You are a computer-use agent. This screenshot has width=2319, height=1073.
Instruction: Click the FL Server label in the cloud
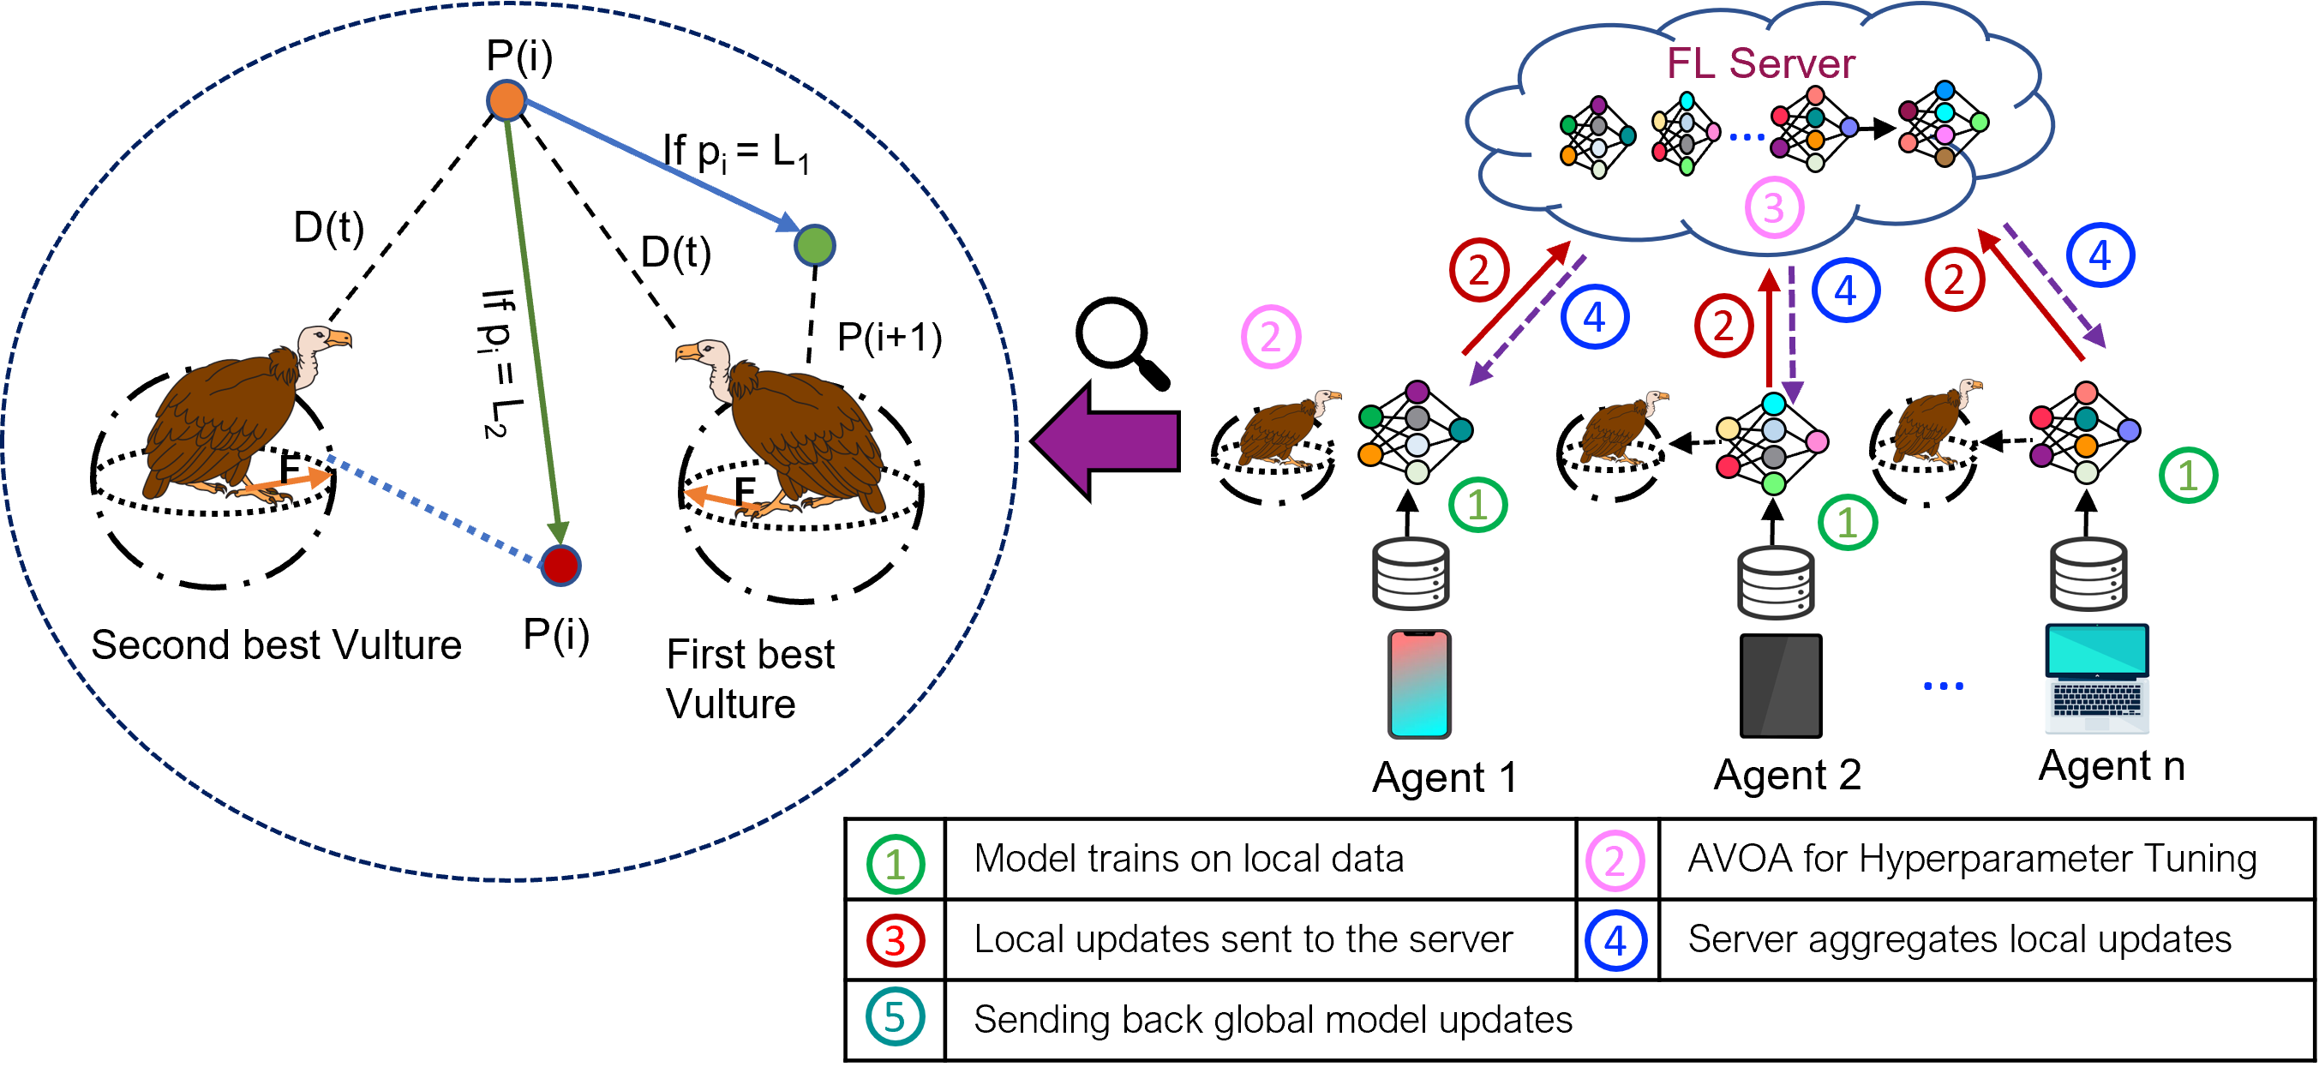pyautogui.click(x=1760, y=64)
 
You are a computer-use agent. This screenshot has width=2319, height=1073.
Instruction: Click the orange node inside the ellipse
pyautogui.click(x=506, y=100)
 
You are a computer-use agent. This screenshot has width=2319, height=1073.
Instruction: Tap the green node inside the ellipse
pyautogui.click(x=815, y=246)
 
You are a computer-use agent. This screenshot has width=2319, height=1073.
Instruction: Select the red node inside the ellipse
pyautogui.click(x=560, y=566)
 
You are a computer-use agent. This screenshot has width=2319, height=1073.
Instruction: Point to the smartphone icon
pyautogui.click(x=1419, y=684)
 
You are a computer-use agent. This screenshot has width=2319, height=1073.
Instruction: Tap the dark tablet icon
pyautogui.click(x=1780, y=684)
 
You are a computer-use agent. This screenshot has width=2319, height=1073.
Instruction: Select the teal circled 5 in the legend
pyautogui.click(x=895, y=1017)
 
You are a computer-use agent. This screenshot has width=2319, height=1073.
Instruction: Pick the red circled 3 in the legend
pyautogui.click(x=895, y=941)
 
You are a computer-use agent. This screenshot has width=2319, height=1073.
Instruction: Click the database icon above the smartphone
pyautogui.click(x=1410, y=574)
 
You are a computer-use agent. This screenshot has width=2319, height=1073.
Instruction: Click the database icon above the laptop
pyautogui.click(x=2088, y=574)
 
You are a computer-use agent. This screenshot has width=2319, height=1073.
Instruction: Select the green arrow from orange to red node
pyautogui.click(x=534, y=324)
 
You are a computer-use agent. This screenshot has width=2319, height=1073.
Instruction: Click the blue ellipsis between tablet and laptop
pyautogui.click(x=1943, y=686)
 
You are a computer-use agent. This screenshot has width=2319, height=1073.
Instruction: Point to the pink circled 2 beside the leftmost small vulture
pyautogui.click(x=1270, y=337)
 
